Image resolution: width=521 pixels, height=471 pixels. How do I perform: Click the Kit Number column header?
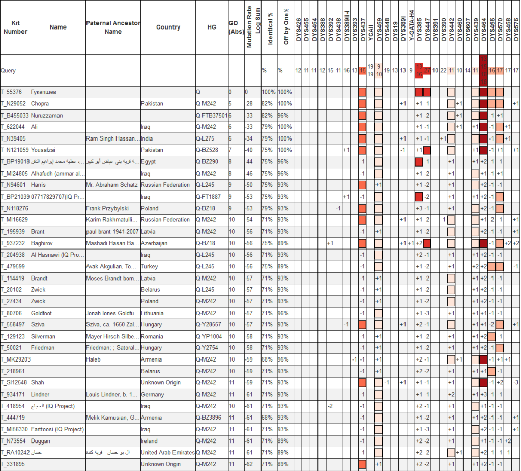tap(15, 27)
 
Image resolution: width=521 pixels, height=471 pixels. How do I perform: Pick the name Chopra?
tap(40, 104)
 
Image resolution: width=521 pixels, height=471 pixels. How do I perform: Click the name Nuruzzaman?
tap(47, 116)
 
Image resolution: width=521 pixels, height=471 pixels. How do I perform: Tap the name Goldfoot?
tap(41, 313)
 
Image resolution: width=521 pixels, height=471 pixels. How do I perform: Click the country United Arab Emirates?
tap(168, 453)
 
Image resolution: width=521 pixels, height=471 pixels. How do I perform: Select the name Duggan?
tap(41, 441)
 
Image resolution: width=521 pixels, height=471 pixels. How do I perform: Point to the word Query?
tap(9, 71)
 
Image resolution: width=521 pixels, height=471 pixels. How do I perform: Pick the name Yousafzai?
tap(43, 150)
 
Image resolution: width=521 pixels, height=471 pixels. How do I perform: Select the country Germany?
tap(153, 395)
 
